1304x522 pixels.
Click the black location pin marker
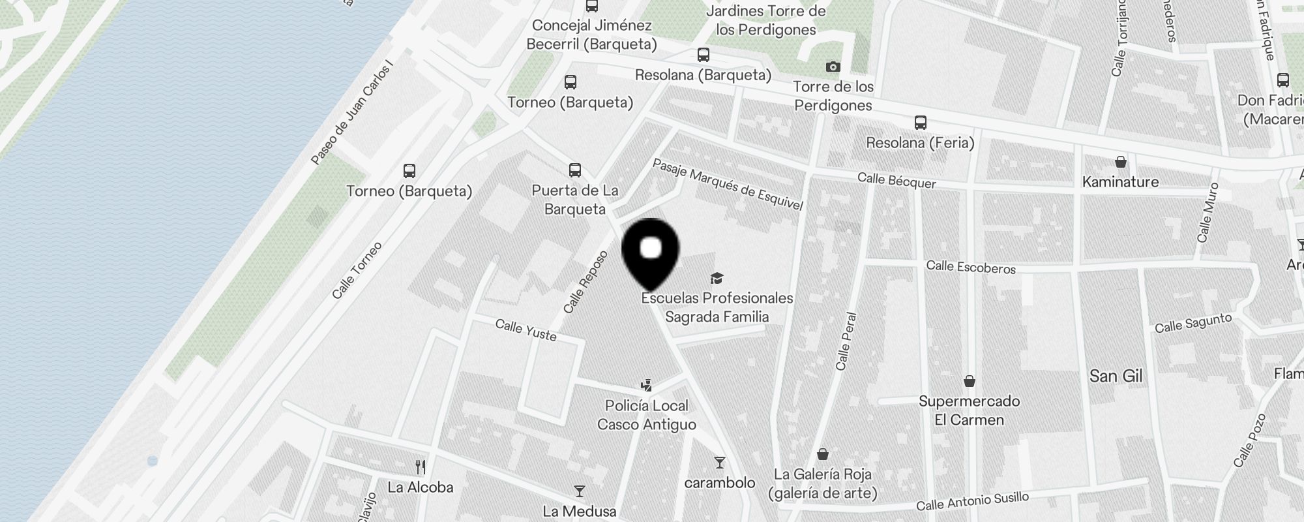click(x=651, y=251)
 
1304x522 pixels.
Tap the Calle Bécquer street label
click(x=896, y=181)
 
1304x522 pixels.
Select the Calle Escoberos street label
click(x=971, y=267)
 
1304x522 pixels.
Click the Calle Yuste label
click(x=526, y=330)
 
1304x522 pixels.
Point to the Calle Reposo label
click(x=585, y=282)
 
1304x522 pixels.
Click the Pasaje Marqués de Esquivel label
click(x=727, y=185)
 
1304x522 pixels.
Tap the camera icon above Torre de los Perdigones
click(x=833, y=67)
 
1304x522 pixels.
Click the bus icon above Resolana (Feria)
click(x=920, y=123)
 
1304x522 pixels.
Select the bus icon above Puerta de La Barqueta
click(x=574, y=171)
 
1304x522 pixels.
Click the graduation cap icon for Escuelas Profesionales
click(x=717, y=279)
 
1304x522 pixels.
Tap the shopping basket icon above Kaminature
click(x=1120, y=162)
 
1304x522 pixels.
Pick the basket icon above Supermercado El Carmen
click(x=969, y=381)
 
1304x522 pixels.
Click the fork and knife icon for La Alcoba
click(x=421, y=467)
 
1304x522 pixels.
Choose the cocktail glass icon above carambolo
click(x=719, y=463)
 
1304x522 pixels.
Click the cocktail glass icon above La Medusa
click(x=579, y=491)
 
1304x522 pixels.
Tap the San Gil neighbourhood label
click(x=1116, y=376)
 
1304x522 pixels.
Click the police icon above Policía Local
click(x=646, y=386)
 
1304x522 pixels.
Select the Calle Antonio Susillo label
click(x=972, y=502)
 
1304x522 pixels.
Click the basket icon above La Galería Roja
click(x=823, y=454)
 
